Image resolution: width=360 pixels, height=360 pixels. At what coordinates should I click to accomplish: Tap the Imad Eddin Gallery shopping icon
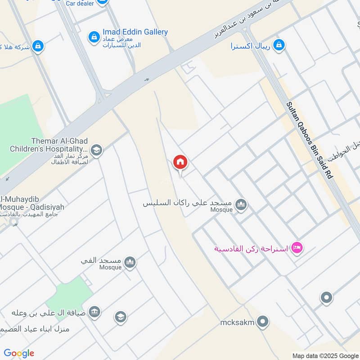coord(94,36)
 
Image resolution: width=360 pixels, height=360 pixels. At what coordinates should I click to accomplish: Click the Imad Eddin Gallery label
coord(135,32)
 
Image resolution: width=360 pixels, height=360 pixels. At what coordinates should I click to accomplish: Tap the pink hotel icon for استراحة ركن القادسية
coord(297,247)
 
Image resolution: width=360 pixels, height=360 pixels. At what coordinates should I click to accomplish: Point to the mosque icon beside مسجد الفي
coord(130,262)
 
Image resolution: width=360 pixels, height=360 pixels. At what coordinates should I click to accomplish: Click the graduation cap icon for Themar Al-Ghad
coord(96,150)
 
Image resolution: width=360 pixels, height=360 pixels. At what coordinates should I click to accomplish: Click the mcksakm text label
coord(238,322)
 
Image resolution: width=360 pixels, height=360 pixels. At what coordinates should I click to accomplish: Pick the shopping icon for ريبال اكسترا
coord(279,45)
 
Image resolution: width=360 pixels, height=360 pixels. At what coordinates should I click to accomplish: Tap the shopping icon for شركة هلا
coord(38,46)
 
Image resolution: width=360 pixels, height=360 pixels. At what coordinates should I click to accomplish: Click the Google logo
coord(19,353)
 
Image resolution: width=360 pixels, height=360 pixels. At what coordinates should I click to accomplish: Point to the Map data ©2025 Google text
coord(325,355)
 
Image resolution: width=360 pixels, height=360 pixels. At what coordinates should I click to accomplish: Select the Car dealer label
coord(80,3)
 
